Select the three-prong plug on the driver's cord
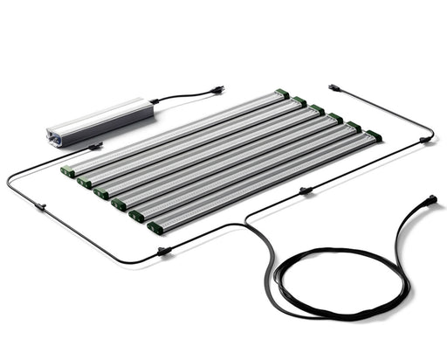coord(217,90)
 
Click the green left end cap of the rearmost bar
coord(68,170)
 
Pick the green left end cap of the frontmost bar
coord(155,228)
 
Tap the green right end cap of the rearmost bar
coord(282,93)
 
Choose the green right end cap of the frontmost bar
coord(373,135)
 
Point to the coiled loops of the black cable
coord(340,280)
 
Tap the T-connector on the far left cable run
coord(40,207)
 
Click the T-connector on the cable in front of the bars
coord(163,252)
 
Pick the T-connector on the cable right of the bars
coord(305,190)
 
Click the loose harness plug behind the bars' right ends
coord(334,87)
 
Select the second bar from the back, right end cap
coord(299,100)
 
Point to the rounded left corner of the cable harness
coord(10,179)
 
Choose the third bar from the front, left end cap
coord(119,204)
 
